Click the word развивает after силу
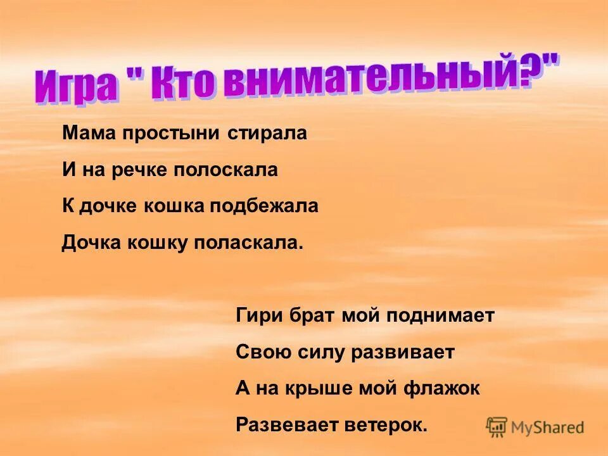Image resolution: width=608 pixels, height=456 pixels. click(403, 352)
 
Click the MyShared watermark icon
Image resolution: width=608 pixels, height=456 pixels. click(497, 426)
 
